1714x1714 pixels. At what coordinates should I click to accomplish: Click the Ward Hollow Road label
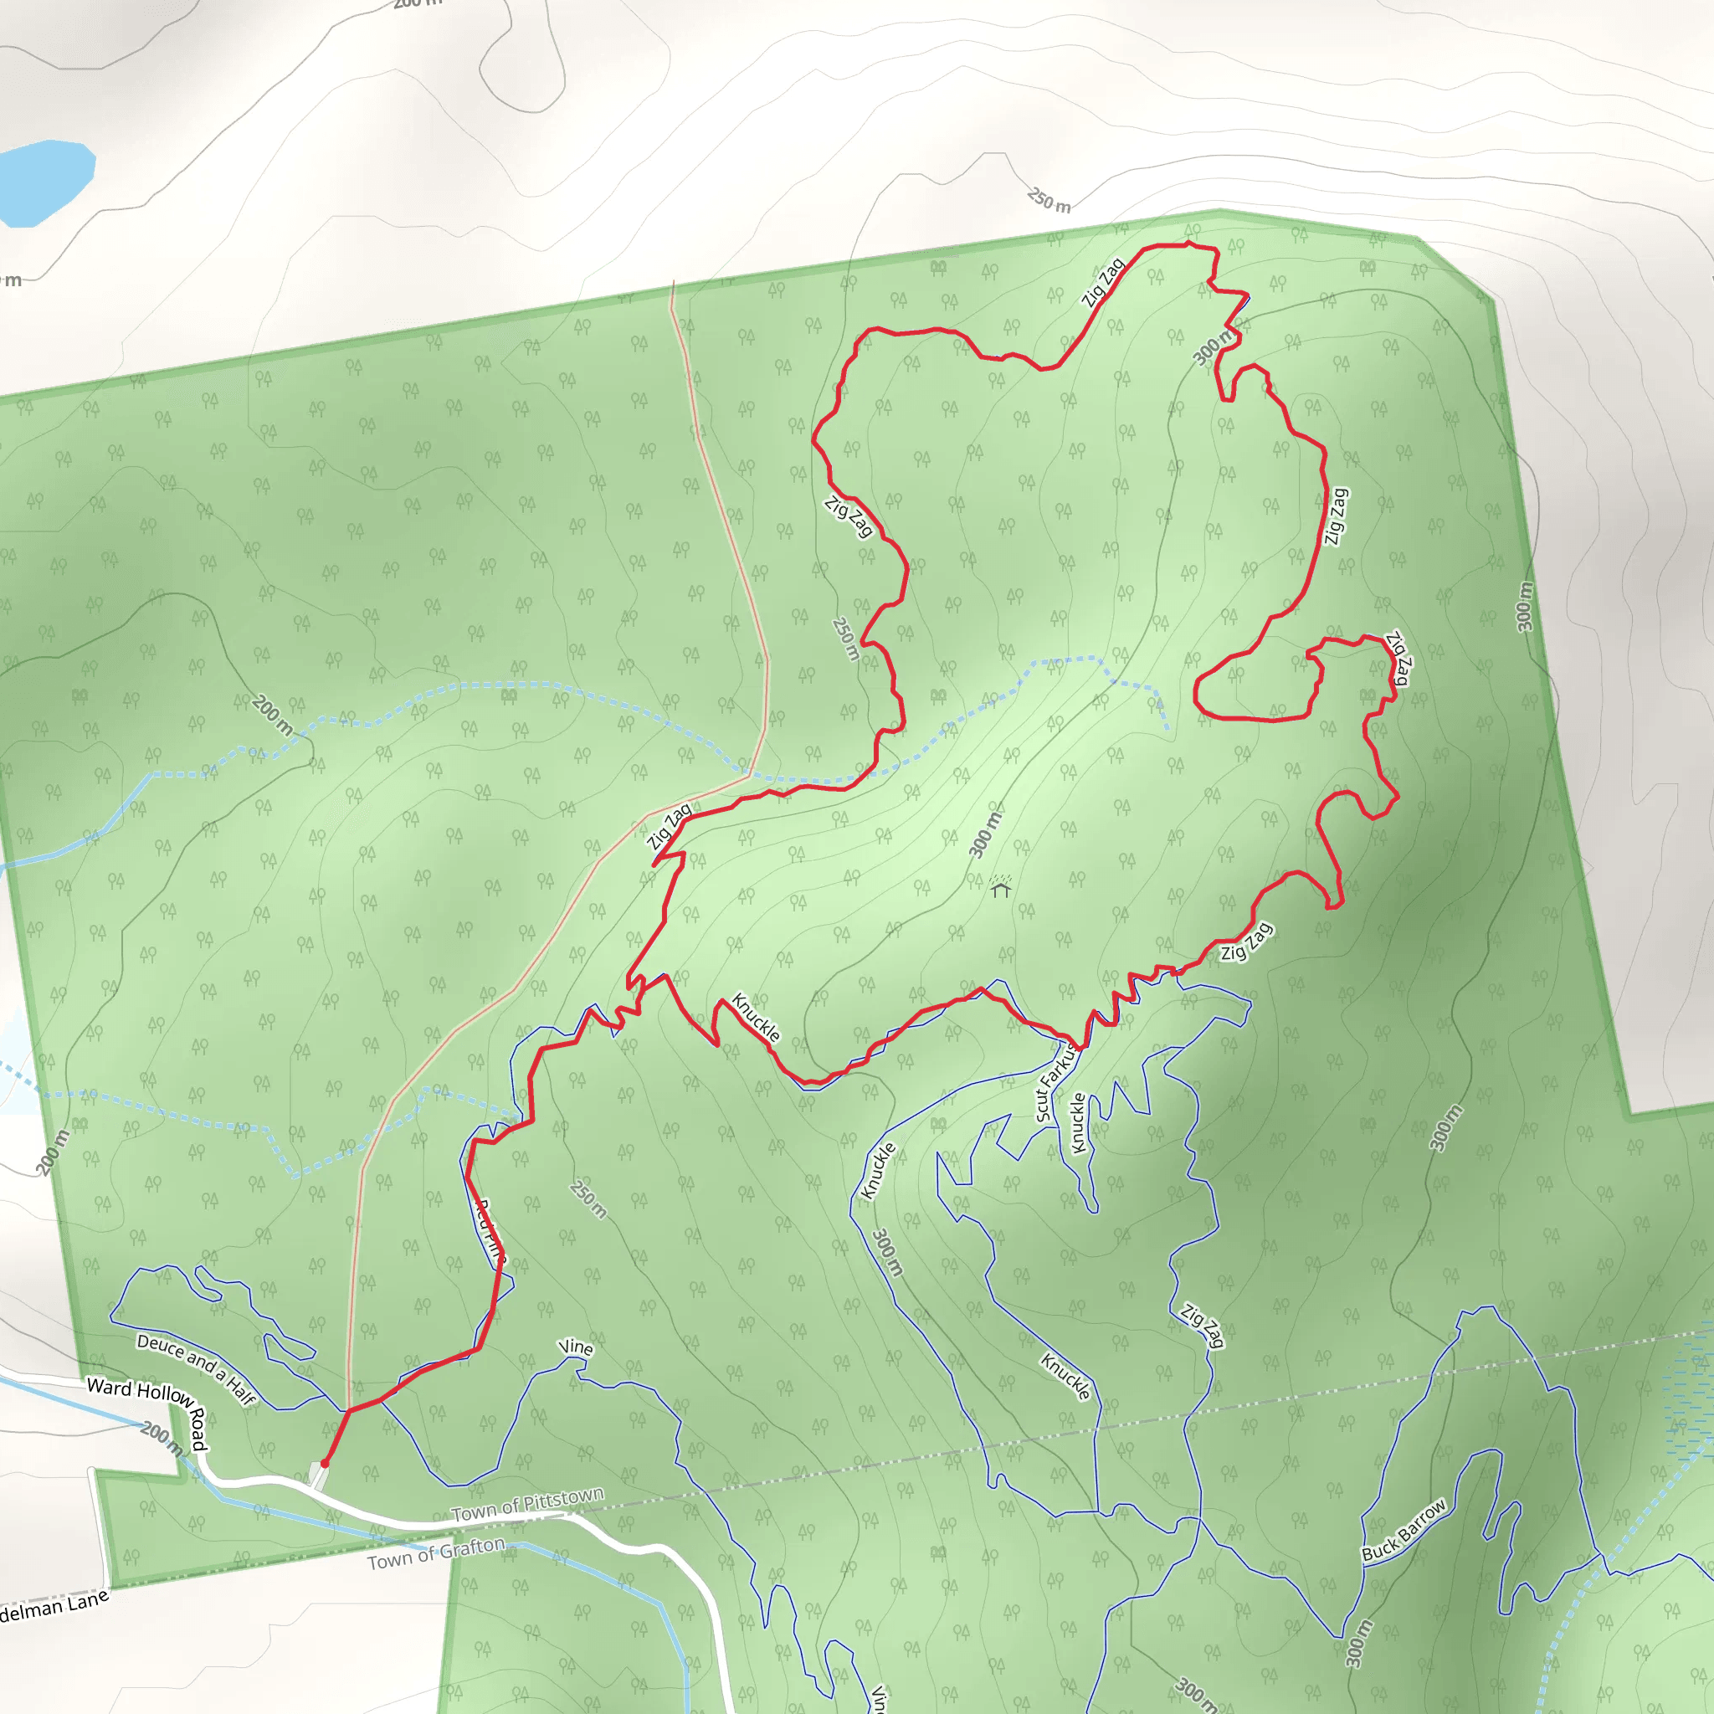point(147,1416)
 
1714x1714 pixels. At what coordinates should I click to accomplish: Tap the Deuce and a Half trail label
point(196,1370)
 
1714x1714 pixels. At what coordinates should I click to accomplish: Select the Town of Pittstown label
point(527,1505)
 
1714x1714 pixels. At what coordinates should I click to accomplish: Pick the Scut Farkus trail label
point(1055,1082)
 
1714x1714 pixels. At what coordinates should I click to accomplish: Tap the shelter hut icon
point(1001,887)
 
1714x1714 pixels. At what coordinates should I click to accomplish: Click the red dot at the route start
point(325,1463)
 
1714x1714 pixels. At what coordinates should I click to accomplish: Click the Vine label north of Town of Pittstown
point(575,1347)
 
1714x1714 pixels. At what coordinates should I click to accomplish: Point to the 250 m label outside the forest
point(1049,201)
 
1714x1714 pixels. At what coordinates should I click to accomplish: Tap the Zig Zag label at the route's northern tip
point(1103,282)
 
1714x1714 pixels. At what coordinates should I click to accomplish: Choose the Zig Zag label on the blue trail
point(1202,1326)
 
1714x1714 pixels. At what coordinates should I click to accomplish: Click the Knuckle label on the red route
point(755,1018)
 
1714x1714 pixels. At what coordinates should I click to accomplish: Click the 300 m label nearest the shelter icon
point(985,834)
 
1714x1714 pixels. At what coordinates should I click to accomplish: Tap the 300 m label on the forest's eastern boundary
point(1524,607)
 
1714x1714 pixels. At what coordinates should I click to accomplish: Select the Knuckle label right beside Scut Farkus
point(1078,1123)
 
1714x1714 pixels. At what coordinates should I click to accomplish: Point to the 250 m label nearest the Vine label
point(588,1199)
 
